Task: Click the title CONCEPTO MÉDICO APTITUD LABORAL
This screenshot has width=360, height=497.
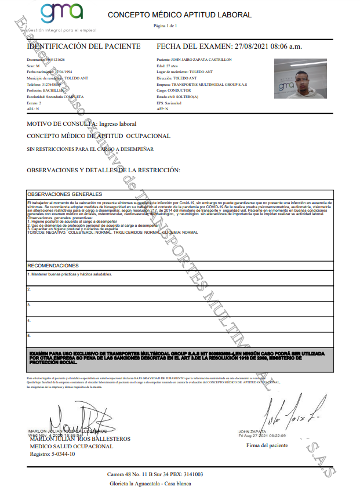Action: point(180,15)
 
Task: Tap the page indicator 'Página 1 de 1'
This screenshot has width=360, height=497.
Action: point(165,26)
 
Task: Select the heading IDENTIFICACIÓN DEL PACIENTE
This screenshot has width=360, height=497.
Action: point(83,46)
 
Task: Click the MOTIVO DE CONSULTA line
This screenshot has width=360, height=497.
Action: point(82,124)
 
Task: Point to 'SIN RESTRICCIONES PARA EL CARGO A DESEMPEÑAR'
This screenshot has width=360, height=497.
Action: point(90,149)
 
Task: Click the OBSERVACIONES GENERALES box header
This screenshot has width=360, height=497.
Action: point(65,194)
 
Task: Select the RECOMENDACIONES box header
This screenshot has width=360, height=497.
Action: point(53,265)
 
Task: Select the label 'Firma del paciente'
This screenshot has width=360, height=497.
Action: point(267,445)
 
